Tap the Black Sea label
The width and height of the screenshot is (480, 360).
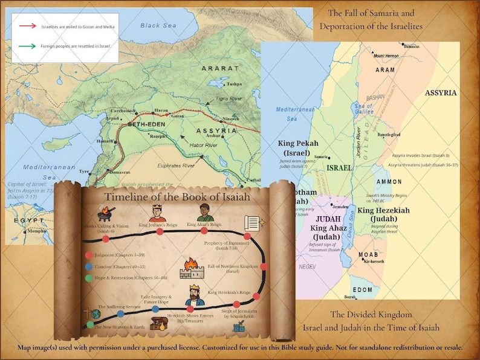click(x=158, y=25)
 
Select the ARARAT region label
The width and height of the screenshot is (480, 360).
click(x=219, y=69)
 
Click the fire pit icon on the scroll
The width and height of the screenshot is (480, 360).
click(x=106, y=213)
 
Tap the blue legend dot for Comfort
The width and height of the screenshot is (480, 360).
click(x=89, y=266)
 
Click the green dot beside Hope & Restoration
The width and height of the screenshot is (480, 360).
click(x=89, y=278)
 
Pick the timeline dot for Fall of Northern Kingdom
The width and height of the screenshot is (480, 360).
click(x=265, y=266)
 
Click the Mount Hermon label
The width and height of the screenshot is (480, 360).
click(x=388, y=56)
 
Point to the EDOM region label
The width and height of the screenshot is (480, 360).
click(x=363, y=290)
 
